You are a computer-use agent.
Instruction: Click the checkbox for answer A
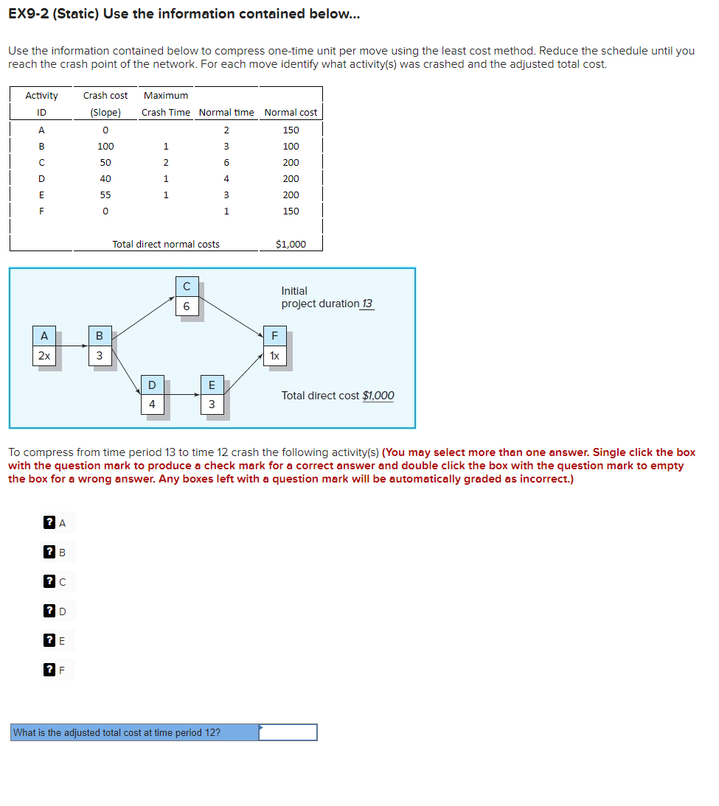click(49, 523)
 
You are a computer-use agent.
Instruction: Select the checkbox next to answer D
click(49, 611)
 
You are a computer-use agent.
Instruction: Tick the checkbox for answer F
click(49, 670)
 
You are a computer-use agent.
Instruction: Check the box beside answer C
click(49, 582)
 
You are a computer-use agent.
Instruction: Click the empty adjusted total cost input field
click(288, 732)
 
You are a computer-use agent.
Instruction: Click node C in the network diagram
click(186, 296)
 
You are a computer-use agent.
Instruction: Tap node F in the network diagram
click(274, 346)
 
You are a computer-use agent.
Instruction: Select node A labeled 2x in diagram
click(44, 346)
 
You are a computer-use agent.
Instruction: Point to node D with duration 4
click(152, 395)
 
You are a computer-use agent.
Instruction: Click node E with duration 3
click(212, 395)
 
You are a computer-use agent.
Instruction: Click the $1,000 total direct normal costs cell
click(291, 244)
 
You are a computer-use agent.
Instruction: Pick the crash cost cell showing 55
click(105, 195)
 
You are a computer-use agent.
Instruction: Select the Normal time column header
click(226, 112)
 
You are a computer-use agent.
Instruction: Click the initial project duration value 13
click(367, 304)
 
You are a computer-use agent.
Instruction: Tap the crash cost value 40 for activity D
click(105, 179)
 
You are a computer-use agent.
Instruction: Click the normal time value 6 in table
click(226, 163)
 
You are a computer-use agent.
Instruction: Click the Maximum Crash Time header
click(166, 104)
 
